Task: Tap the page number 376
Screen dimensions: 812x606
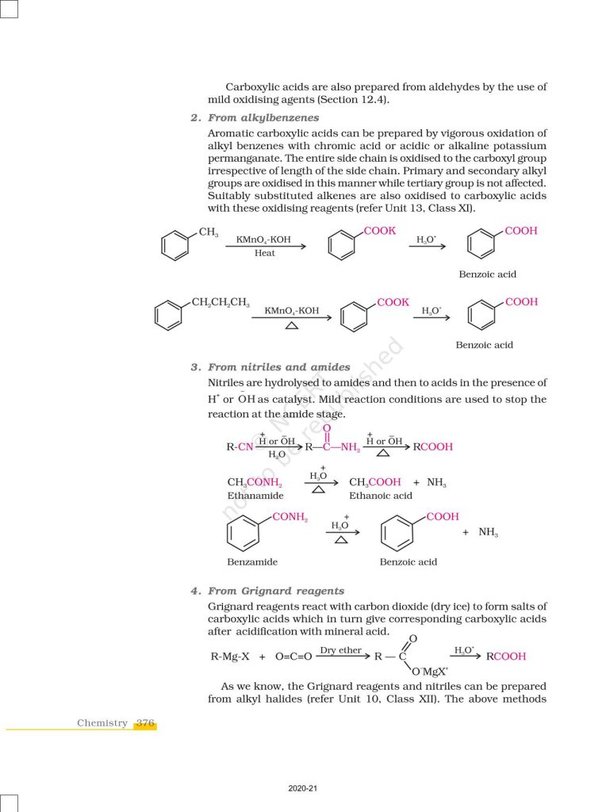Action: point(144,722)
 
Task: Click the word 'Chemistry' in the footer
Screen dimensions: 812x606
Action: point(102,722)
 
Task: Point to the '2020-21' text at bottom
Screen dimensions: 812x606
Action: point(303,790)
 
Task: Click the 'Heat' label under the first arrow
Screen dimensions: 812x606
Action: point(265,253)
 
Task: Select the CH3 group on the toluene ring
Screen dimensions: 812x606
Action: point(209,232)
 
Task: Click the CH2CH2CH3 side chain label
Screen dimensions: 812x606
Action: point(221,302)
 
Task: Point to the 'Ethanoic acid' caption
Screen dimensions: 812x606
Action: point(381,495)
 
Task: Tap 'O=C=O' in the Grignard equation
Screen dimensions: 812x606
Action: point(293,657)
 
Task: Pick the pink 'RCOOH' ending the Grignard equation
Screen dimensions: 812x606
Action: point(505,657)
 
